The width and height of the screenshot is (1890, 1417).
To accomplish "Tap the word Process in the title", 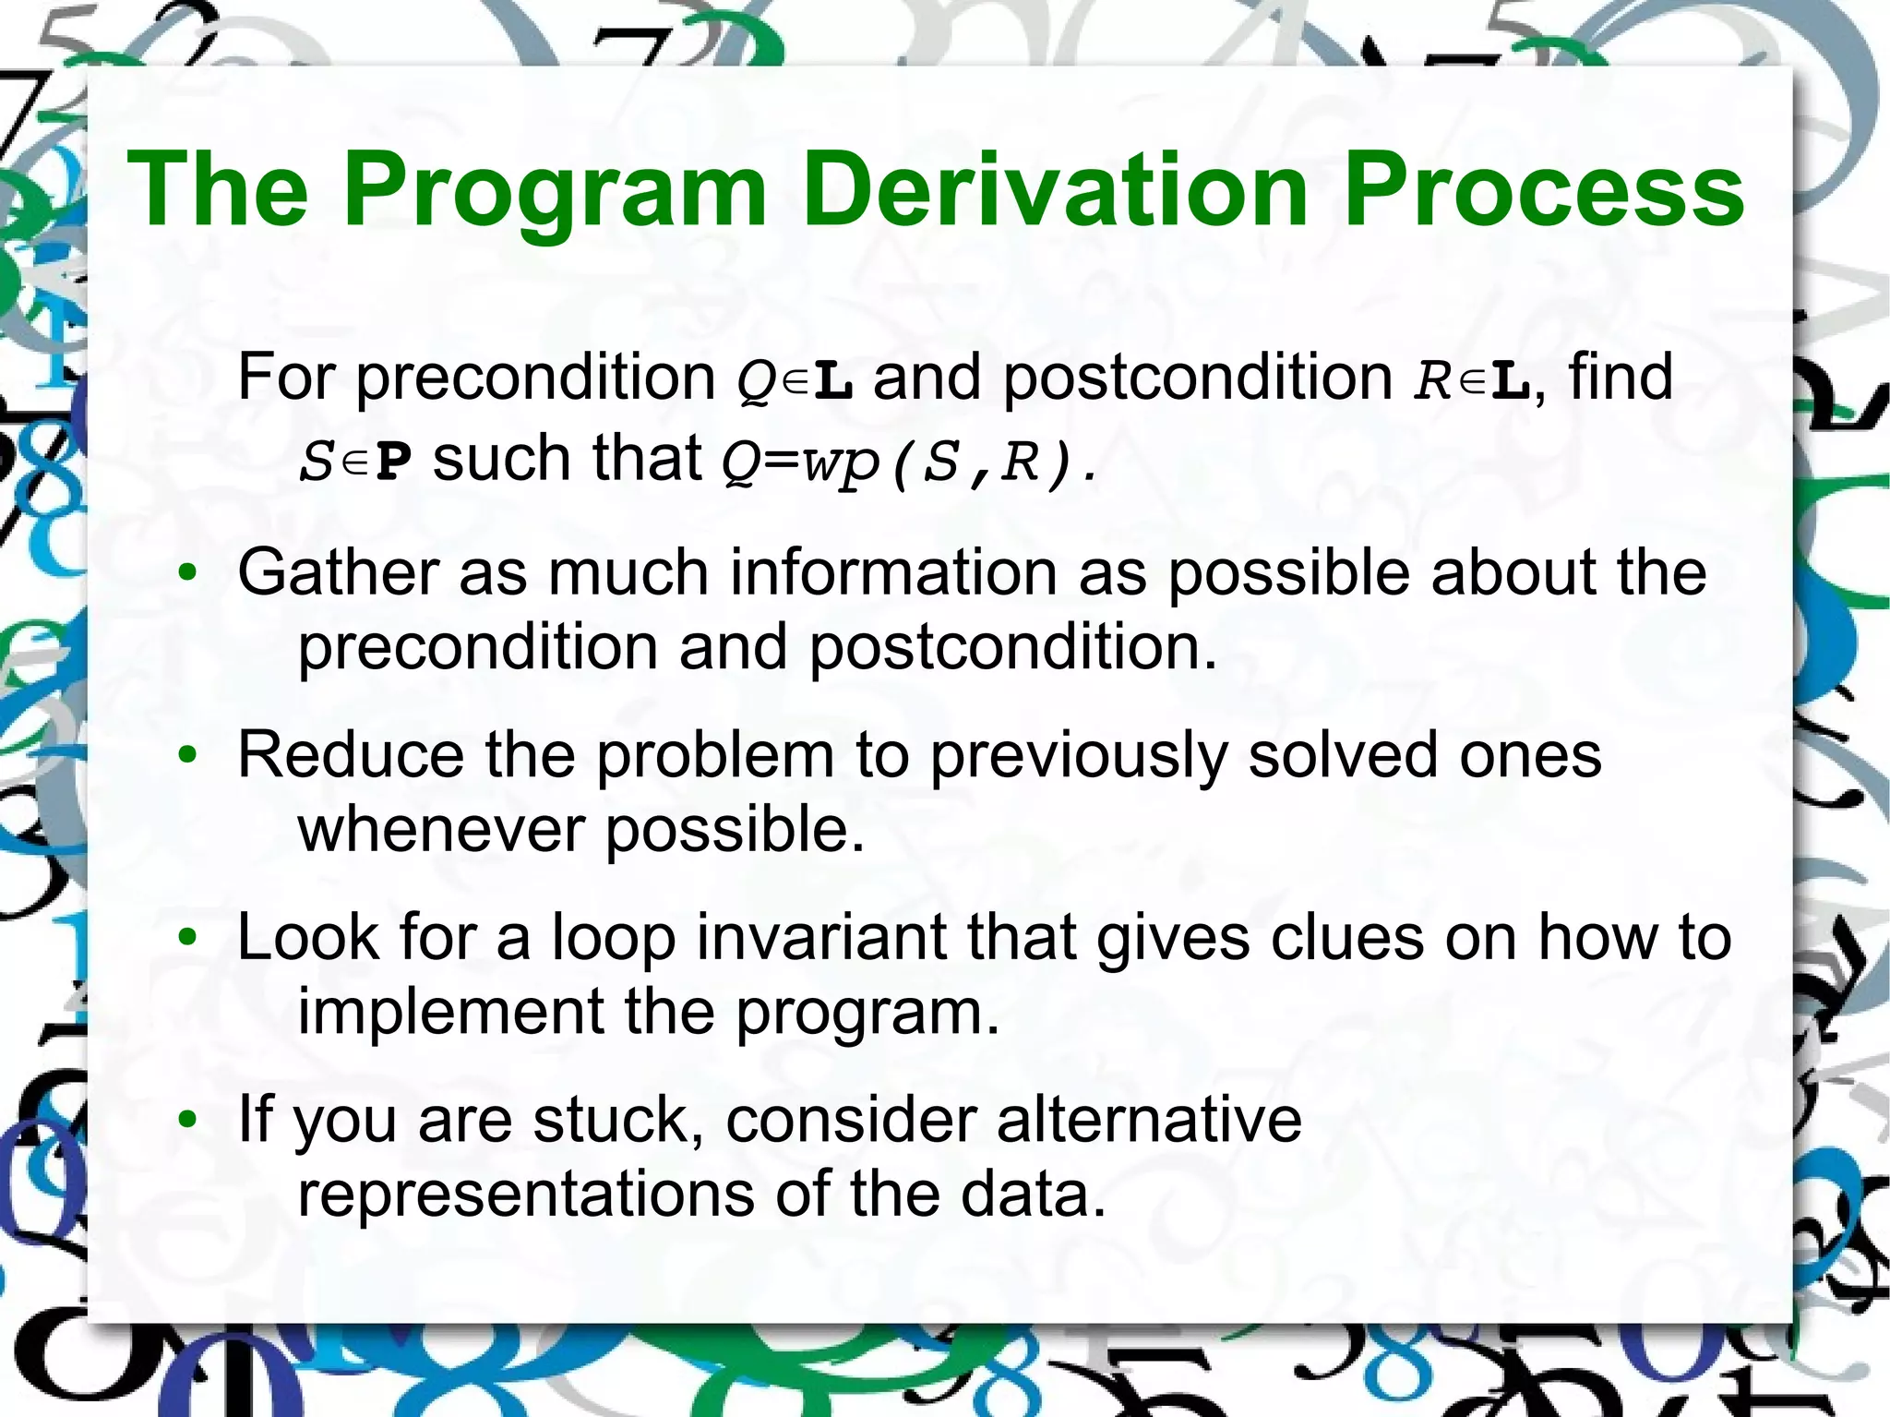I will [1543, 190].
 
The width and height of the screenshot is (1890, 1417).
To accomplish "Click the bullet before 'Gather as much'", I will [188, 574].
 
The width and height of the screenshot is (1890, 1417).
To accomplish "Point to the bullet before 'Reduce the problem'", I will [188, 756].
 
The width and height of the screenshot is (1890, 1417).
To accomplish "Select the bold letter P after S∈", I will [394, 462].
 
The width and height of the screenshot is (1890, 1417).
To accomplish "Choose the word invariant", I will [820, 937].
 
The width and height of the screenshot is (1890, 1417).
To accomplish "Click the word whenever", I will [440, 829].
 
